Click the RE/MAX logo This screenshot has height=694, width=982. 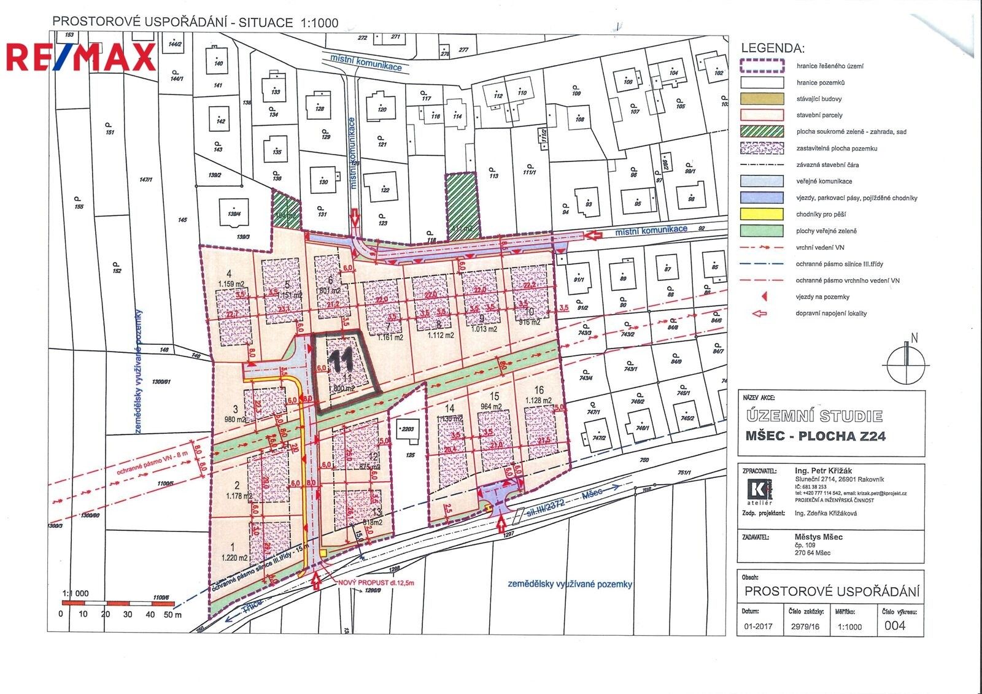pyautogui.click(x=81, y=57)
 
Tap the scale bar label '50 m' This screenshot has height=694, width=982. pyautogui.click(x=173, y=614)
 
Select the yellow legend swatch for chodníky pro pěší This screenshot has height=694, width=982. pyautogui.click(x=762, y=215)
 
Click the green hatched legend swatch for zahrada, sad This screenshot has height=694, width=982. pyautogui.click(x=762, y=131)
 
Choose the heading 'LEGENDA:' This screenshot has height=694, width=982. pyautogui.click(x=773, y=48)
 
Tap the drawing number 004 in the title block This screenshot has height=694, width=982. pyautogui.click(x=895, y=627)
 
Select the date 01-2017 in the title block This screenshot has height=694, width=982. pyautogui.click(x=757, y=627)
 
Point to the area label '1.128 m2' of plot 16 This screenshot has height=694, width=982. pyautogui.click(x=538, y=400)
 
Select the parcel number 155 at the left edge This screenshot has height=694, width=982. pyautogui.click(x=78, y=207)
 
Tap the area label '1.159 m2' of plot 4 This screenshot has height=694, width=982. pyautogui.click(x=231, y=284)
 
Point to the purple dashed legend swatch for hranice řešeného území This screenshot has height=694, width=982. pyautogui.click(x=762, y=66)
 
